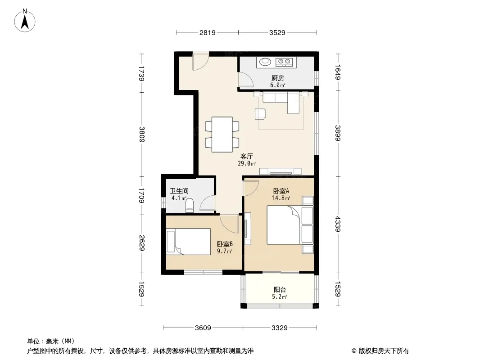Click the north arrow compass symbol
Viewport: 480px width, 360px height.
click(25, 21)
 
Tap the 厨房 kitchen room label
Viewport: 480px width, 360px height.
click(278, 78)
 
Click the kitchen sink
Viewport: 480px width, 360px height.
click(265, 62)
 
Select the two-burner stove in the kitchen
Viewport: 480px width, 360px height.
click(285, 63)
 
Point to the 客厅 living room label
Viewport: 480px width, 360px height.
click(247, 157)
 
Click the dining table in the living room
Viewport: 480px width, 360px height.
click(222, 134)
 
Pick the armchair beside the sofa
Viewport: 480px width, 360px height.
click(261, 114)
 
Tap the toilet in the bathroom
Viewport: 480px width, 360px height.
click(190, 205)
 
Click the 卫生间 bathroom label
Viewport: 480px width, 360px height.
click(179, 191)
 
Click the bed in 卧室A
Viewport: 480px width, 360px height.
click(284, 225)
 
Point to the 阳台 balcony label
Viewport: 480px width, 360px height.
click(280, 290)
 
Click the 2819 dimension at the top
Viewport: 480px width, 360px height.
click(208, 33)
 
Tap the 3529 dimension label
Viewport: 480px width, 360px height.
click(277, 33)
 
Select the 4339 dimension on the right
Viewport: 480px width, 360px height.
click(338, 224)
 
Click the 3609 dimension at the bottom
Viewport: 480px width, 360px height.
click(203, 328)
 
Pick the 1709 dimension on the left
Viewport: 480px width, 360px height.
click(141, 195)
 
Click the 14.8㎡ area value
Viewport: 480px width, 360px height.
click(281, 198)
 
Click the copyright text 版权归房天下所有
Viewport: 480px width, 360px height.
click(384, 351)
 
